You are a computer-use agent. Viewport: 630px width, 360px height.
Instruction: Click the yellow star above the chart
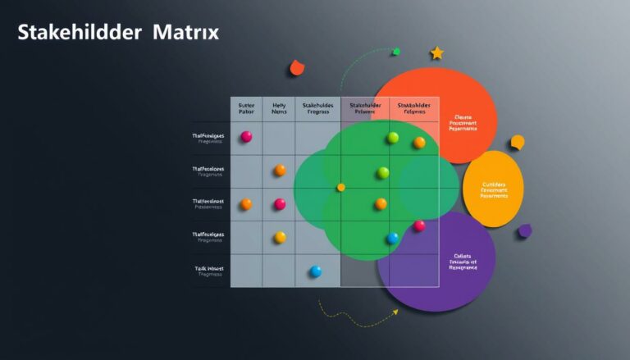coord(436,53)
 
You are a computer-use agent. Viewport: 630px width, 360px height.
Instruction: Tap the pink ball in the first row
coord(246,137)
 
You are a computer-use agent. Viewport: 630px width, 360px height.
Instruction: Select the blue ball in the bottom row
coord(315,271)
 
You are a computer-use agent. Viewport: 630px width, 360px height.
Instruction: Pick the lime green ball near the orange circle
coord(393,138)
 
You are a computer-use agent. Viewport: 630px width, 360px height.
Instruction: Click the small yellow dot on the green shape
coord(341,187)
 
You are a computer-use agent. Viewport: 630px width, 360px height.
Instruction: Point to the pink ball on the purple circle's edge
coord(419,226)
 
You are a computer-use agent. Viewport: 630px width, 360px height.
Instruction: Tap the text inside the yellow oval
coord(494,190)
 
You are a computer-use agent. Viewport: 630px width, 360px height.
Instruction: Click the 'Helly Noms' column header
coord(280,110)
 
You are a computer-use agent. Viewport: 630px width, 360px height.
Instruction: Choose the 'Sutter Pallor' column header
coord(246,110)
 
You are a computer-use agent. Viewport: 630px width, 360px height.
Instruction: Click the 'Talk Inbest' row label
coord(209,271)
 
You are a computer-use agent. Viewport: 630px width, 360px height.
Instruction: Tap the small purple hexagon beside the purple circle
coord(525,231)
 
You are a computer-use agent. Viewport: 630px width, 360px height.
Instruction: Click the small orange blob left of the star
coord(297,68)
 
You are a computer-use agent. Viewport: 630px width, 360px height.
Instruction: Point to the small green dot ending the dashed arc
coord(395,52)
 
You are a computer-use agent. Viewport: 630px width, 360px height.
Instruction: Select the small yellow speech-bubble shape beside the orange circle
coord(517,142)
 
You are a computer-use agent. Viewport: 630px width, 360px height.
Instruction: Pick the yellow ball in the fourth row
coord(280,237)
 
